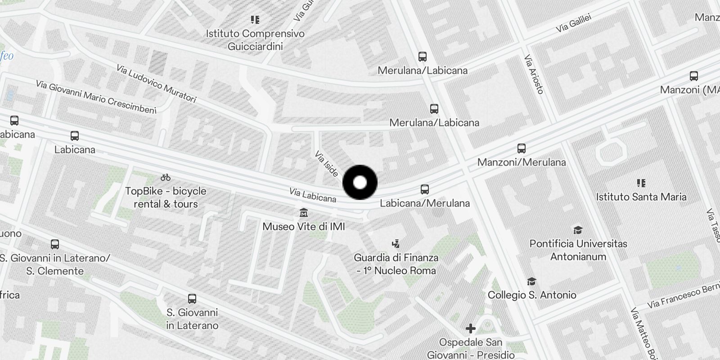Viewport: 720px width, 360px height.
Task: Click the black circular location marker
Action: (x=360, y=182)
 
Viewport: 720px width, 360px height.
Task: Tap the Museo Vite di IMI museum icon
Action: (x=304, y=212)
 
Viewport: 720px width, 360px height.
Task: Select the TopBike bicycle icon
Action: (x=166, y=177)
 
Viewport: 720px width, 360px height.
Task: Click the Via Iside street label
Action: (x=327, y=165)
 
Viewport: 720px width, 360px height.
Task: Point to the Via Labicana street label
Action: (x=313, y=195)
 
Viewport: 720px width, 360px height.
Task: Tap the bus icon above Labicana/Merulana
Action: (x=425, y=189)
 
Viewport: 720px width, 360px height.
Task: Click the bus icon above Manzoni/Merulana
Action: (x=522, y=148)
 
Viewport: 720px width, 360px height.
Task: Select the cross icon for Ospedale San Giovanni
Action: (x=470, y=328)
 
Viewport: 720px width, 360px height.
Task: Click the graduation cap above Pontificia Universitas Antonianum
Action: (x=578, y=230)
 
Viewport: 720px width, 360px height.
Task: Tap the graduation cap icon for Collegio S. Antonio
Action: (x=531, y=281)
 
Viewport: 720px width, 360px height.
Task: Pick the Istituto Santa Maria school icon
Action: (x=641, y=183)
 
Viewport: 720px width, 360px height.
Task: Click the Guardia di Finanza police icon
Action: (x=396, y=244)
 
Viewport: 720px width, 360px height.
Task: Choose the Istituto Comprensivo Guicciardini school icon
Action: (x=255, y=20)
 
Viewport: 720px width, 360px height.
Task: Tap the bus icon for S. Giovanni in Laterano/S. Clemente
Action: (x=55, y=244)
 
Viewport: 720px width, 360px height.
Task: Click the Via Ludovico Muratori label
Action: (x=156, y=84)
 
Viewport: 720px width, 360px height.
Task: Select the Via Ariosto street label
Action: (x=534, y=74)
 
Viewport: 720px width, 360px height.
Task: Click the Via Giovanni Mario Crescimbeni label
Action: (x=96, y=97)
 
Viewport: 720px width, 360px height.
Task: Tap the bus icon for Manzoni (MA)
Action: (x=693, y=76)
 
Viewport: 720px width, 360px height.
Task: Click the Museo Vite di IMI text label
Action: (x=304, y=226)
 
